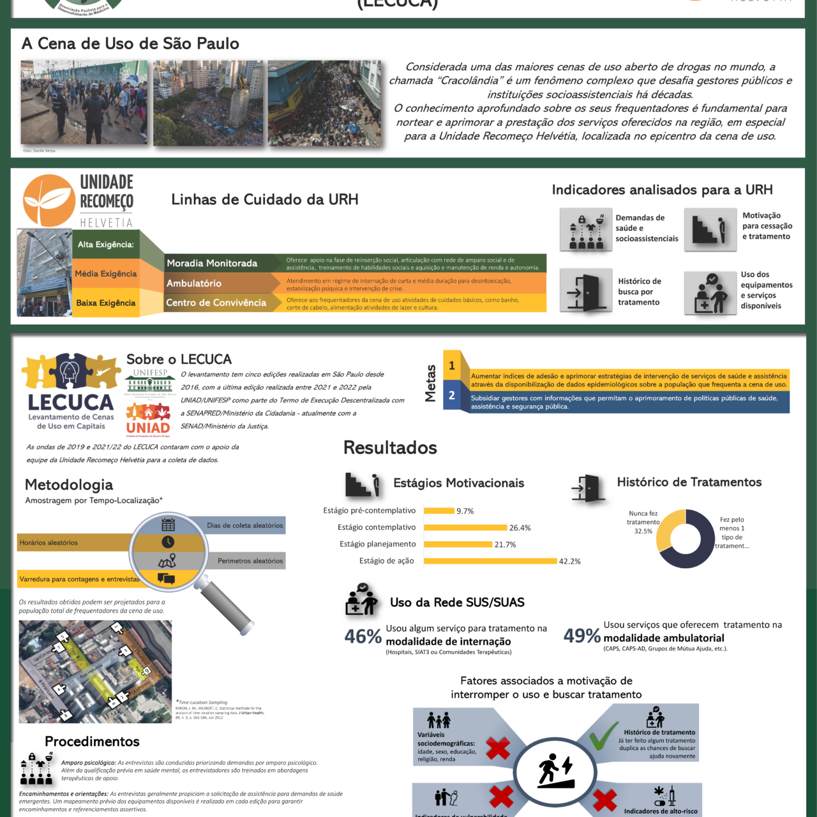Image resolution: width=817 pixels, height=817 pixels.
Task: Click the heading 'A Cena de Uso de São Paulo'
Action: [x=130, y=44]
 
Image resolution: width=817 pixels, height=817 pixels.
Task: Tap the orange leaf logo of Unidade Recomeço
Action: [x=49, y=200]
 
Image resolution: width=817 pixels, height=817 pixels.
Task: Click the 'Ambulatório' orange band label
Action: [x=194, y=283]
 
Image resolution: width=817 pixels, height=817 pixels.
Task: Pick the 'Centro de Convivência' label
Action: [x=216, y=303]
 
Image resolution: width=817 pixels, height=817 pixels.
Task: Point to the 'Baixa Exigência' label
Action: [x=106, y=303]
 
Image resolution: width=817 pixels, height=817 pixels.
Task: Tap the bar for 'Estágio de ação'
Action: [x=490, y=561]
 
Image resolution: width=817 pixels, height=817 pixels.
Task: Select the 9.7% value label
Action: [x=465, y=511]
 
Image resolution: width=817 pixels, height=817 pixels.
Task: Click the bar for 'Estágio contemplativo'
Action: [x=465, y=528]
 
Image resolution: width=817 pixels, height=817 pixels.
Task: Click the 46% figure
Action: [x=363, y=636]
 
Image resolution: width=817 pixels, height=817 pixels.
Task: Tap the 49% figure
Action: [x=581, y=636]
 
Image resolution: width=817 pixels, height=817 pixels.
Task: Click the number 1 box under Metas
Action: [x=452, y=366]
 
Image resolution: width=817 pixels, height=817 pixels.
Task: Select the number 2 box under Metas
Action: [x=452, y=396]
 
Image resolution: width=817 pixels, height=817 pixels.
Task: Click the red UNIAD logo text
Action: [x=148, y=428]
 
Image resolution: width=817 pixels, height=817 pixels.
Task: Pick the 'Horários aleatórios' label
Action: [x=49, y=543]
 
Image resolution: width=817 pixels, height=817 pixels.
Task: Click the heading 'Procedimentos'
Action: [x=92, y=742]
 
